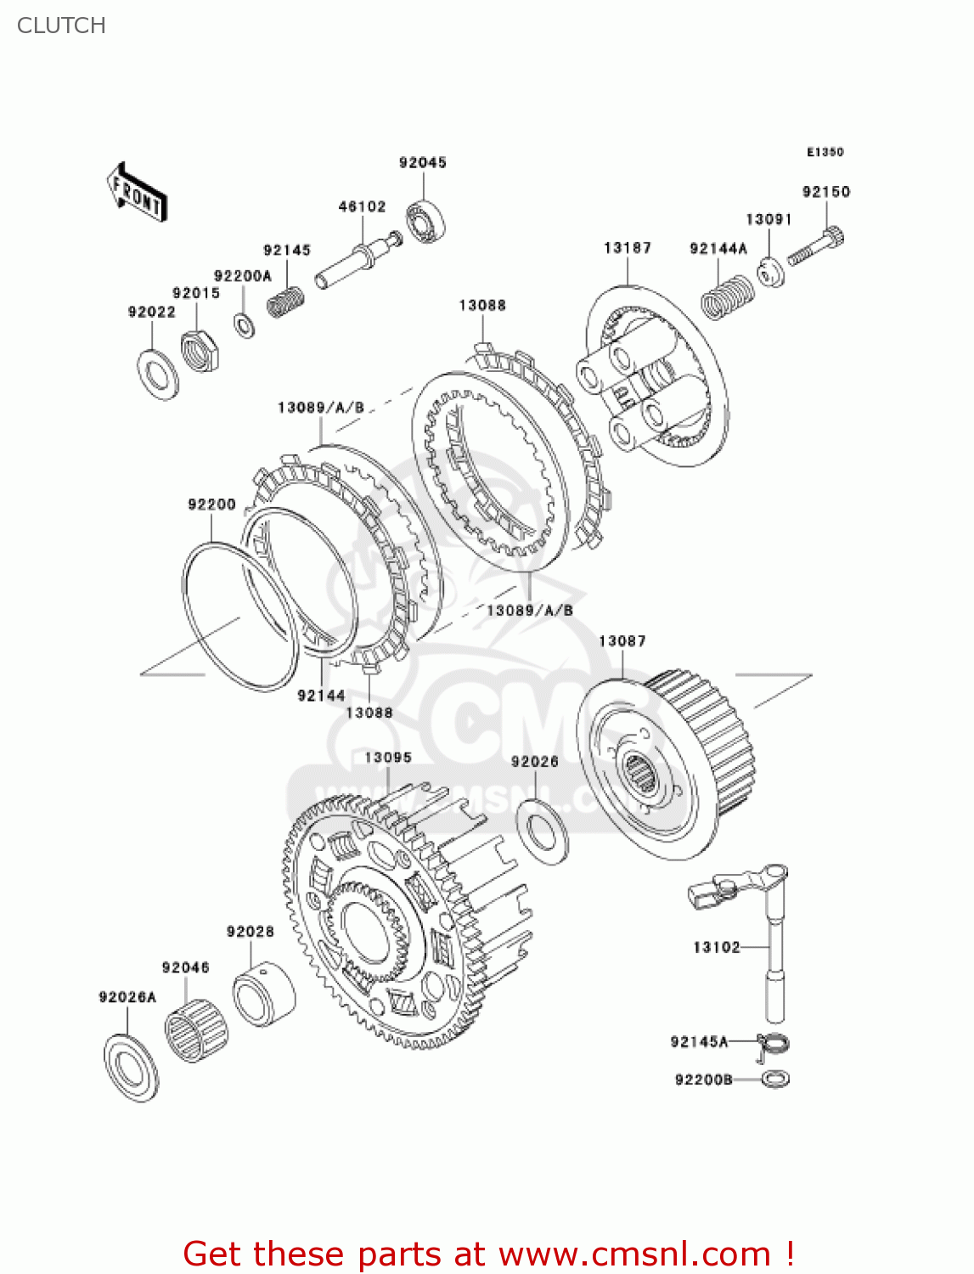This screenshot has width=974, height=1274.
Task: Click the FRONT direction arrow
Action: point(137,193)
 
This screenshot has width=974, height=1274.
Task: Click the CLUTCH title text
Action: point(61,25)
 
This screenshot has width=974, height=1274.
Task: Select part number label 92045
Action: point(422,162)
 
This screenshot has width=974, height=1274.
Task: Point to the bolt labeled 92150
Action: point(816,246)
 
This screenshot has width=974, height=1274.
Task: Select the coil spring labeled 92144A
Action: point(728,296)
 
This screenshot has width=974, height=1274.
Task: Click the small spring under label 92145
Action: point(286,302)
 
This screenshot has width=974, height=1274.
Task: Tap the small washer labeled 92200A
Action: point(245,324)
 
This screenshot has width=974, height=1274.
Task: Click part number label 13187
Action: point(627,248)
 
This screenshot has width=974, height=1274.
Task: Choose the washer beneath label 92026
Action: point(543,831)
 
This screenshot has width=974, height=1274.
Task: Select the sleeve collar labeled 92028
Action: point(264,995)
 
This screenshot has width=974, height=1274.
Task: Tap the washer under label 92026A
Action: point(132,1068)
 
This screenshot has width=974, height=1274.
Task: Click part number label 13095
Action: point(388,758)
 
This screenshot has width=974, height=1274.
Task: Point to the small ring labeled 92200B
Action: point(775,1080)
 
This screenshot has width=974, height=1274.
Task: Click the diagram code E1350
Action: point(825,152)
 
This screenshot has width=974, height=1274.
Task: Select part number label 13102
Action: point(716,947)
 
